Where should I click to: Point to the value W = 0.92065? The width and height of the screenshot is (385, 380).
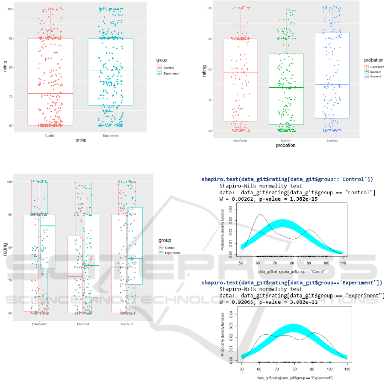click(x=237, y=302)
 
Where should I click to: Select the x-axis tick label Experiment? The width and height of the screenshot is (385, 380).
click(x=111, y=136)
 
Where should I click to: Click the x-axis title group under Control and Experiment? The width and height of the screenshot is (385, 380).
click(x=81, y=140)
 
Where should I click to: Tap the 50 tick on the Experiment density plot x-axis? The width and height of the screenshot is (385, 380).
click(x=241, y=368)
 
